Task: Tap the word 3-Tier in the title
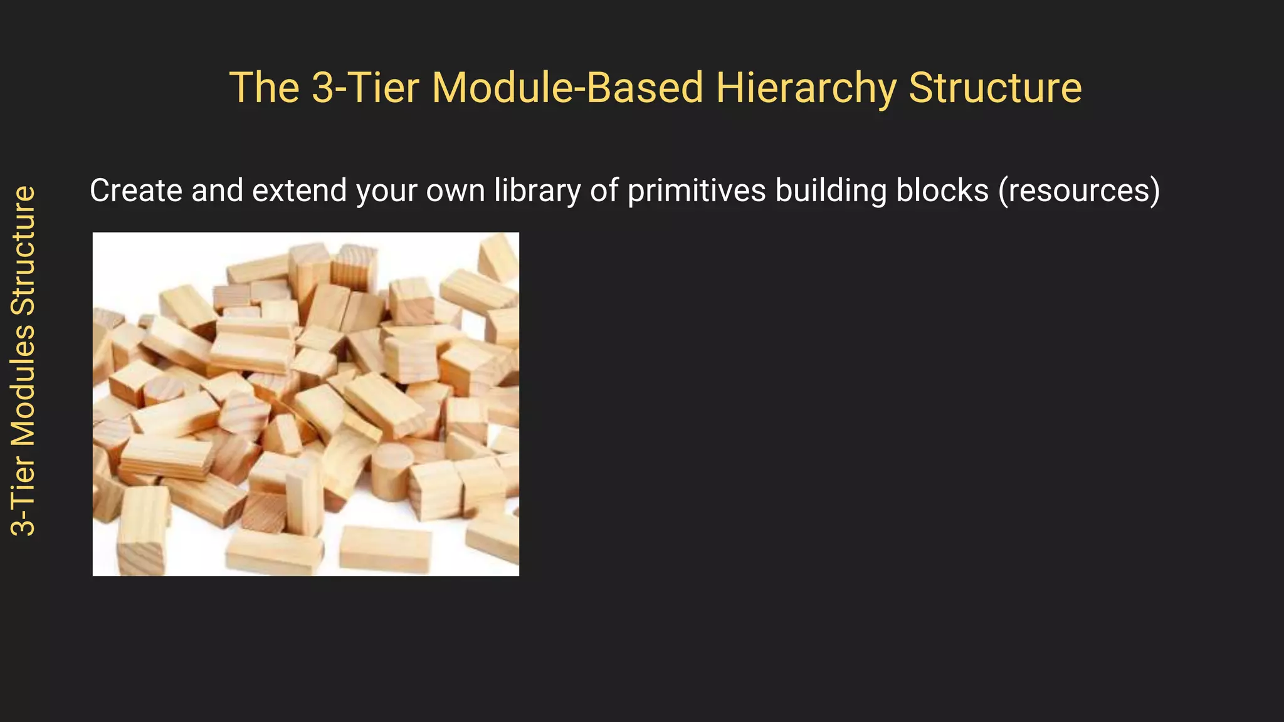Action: (x=365, y=88)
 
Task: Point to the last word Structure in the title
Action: (x=995, y=88)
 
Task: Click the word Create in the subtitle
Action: (x=135, y=191)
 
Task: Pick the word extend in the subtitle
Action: (x=299, y=191)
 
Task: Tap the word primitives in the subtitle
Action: (x=696, y=191)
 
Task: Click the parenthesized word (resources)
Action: (x=1079, y=191)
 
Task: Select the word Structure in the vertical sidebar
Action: (x=24, y=250)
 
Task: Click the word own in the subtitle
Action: (x=456, y=191)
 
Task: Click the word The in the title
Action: (x=264, y=88)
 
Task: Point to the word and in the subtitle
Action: (x=217, y=191)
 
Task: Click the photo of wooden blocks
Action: (x=306, y=404)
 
